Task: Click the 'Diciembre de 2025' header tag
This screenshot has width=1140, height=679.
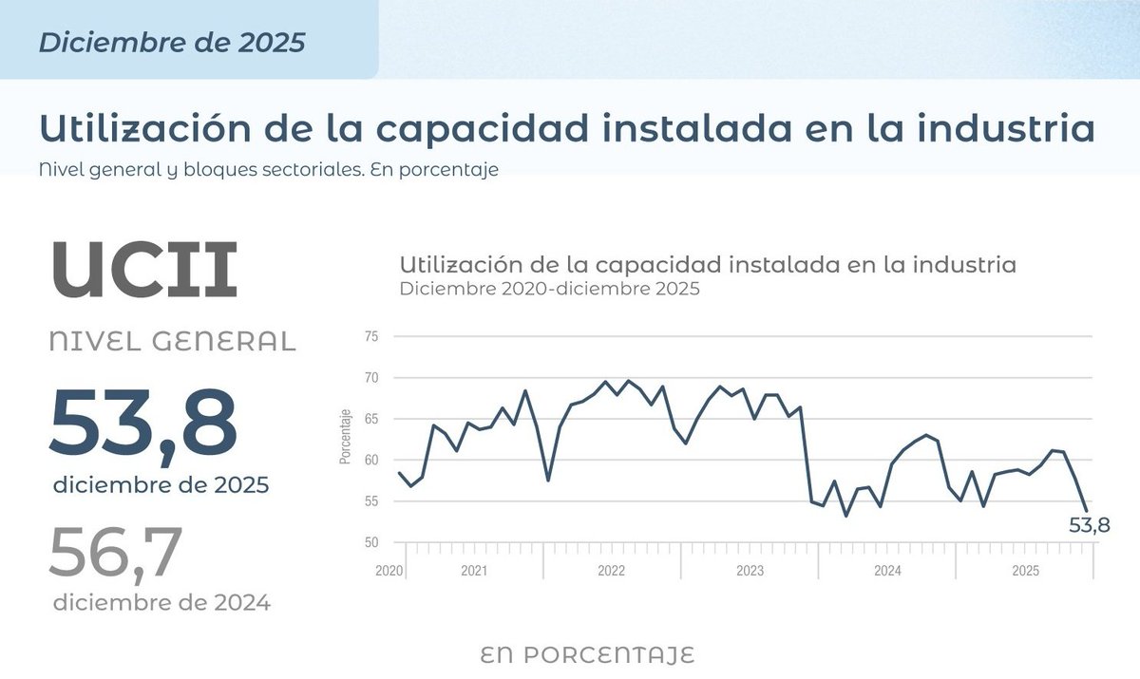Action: pos(172,43)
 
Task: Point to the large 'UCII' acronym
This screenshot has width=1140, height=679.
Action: pos(143,270)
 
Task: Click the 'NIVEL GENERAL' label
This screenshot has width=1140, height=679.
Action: pos(172,342)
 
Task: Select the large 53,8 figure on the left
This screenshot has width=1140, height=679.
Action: pos(142,420)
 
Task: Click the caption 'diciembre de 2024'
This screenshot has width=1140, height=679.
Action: pos(161,602)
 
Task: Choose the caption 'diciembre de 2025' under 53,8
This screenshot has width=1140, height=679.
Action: pos(161,484)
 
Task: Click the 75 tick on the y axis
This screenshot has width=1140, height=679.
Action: pos(370,336)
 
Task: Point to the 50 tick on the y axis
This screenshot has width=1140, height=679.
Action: pos(370,543)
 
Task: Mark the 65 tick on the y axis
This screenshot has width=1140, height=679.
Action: pos(370,419)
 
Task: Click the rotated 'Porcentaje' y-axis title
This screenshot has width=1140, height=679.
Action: pos(346,437)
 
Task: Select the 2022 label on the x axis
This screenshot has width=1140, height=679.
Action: pos(611,572)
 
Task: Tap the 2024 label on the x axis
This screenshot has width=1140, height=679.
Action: pos(887,572)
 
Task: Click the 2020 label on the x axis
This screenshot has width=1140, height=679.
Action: pos(389,572)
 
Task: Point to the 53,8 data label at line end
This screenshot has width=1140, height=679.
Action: pos(1089,524)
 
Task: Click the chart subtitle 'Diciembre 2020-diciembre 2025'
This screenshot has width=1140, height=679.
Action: pos(549,290)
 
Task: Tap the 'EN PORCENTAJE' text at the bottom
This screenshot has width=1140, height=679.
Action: pos(587,655)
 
